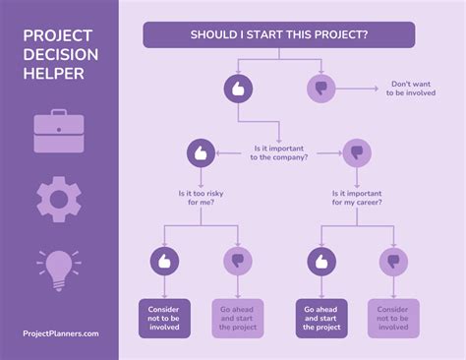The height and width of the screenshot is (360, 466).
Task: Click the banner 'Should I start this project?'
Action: click(279, 34)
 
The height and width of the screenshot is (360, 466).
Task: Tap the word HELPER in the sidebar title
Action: click(54, 74)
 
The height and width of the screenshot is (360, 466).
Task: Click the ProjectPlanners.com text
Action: click(60, 333)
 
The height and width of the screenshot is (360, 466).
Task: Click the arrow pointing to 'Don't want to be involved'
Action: click(359, 89)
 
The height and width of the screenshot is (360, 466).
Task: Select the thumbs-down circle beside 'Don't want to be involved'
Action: click(320, 89)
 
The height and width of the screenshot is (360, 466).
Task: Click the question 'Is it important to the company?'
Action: click(279, 152)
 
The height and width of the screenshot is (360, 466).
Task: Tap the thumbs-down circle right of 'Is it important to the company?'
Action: click(357, 152)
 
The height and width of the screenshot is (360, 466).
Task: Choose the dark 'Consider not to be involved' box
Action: click(164, 318)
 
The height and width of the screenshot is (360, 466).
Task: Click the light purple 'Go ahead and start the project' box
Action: click(238, 318)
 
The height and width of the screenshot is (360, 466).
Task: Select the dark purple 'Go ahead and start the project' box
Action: click(322, 318)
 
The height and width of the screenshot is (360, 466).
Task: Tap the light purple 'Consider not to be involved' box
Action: click(394, 318)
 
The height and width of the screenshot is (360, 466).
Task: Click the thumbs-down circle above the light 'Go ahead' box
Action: click(237, 261)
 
